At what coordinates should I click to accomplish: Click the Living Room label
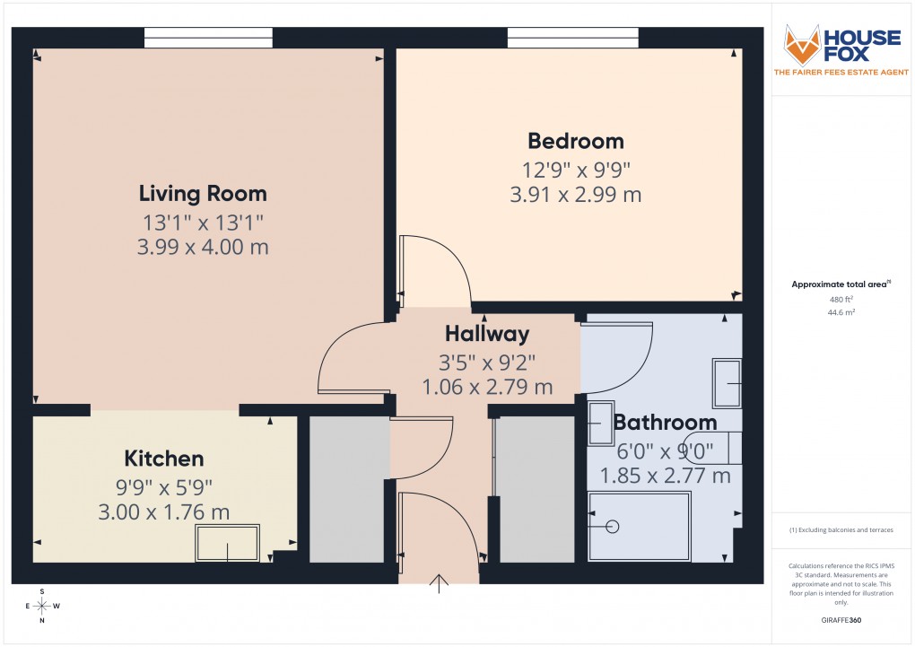click(203, 193)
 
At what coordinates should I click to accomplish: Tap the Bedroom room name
click(575, 141)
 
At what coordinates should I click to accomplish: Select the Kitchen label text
click(164, 459)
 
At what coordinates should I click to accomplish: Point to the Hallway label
click(487, 334)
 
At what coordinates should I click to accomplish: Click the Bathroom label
click(665, 422)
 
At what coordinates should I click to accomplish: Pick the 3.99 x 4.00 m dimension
click(203, 247)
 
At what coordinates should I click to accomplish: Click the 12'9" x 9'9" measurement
click(575, 169)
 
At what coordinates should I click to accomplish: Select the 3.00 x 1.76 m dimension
click(164, 512)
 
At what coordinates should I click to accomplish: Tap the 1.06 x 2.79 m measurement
click(487, 388)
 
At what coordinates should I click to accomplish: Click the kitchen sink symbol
click(228, 543)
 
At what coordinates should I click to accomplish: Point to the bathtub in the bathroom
click(639, 527)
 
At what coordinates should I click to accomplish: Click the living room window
click(208, 37)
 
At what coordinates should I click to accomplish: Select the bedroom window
click(573, 37)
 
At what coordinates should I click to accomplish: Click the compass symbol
click(42, 606)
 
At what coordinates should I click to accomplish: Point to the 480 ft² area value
click(841, 299)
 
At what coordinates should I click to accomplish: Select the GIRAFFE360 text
click(841, 619)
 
